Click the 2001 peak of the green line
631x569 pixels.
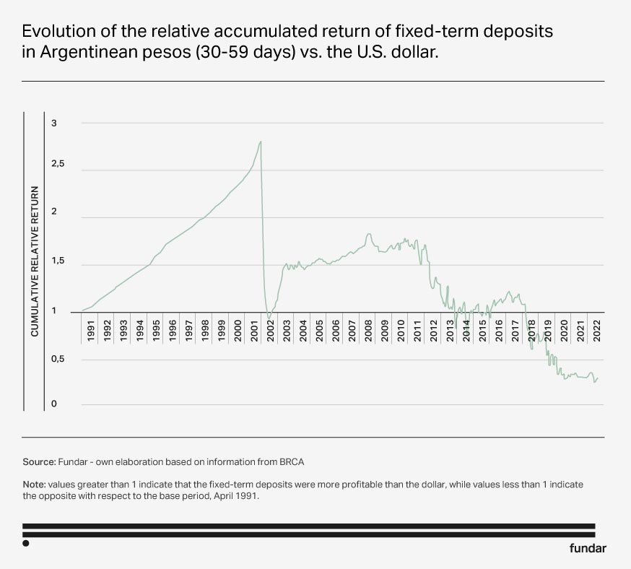click(260, 142)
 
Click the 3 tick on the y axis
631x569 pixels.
click(53, 124)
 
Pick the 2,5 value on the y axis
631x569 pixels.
click(57, 165)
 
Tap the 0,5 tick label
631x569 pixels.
click(57, 360)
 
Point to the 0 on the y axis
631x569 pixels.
click(53, 404)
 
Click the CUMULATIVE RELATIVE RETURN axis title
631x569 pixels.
click(34, 261)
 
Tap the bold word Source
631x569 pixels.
click(40, 461)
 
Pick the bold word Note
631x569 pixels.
click(35, 484)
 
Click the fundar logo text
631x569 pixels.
click(588, 547)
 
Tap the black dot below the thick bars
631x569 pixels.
click(26, 543)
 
